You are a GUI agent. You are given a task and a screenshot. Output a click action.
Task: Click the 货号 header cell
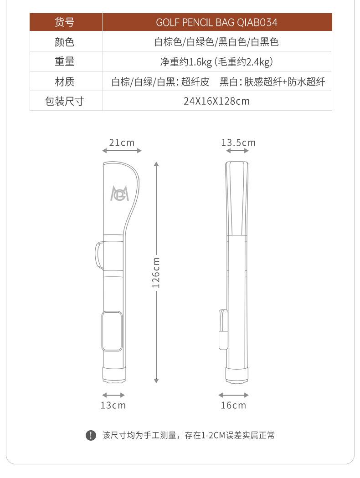[64, 22]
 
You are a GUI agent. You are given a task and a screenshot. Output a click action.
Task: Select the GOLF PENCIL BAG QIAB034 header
[216, 22]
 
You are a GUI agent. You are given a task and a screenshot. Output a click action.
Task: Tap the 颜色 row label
[64, 42]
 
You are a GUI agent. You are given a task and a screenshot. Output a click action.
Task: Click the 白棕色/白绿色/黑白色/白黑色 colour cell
[216, 42]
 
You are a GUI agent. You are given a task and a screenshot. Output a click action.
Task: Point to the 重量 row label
[64, 61]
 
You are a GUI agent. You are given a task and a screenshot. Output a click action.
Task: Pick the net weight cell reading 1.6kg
[216, 62]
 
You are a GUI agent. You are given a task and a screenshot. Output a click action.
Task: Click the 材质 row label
[64, 81]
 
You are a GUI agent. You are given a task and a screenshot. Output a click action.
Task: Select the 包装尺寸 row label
[64, 101]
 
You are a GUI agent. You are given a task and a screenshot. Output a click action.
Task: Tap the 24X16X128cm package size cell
[216, 101]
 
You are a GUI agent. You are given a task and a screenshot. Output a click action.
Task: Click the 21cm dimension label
[122, 142]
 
